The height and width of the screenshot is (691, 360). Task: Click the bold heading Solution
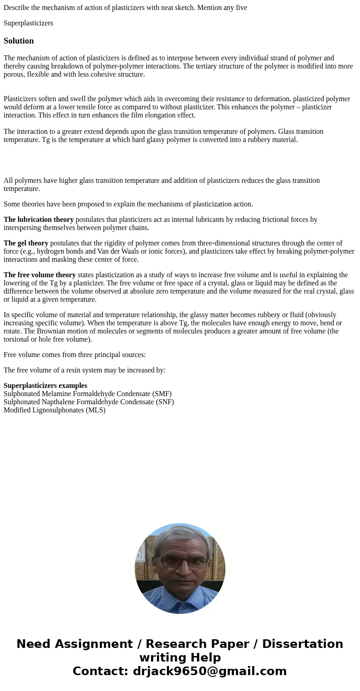coord(19,41)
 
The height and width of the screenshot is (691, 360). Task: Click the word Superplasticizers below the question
coord(28,23)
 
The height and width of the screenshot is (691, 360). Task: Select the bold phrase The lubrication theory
coord(39,220)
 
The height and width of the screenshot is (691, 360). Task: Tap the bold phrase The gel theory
coord(26,243)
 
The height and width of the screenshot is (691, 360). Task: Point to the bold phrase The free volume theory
coord(39,275)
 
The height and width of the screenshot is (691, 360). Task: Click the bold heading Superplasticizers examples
coord(45,386)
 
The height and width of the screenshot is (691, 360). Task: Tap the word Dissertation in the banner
coord(302,644)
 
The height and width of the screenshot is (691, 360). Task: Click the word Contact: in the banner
coord(101,671)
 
